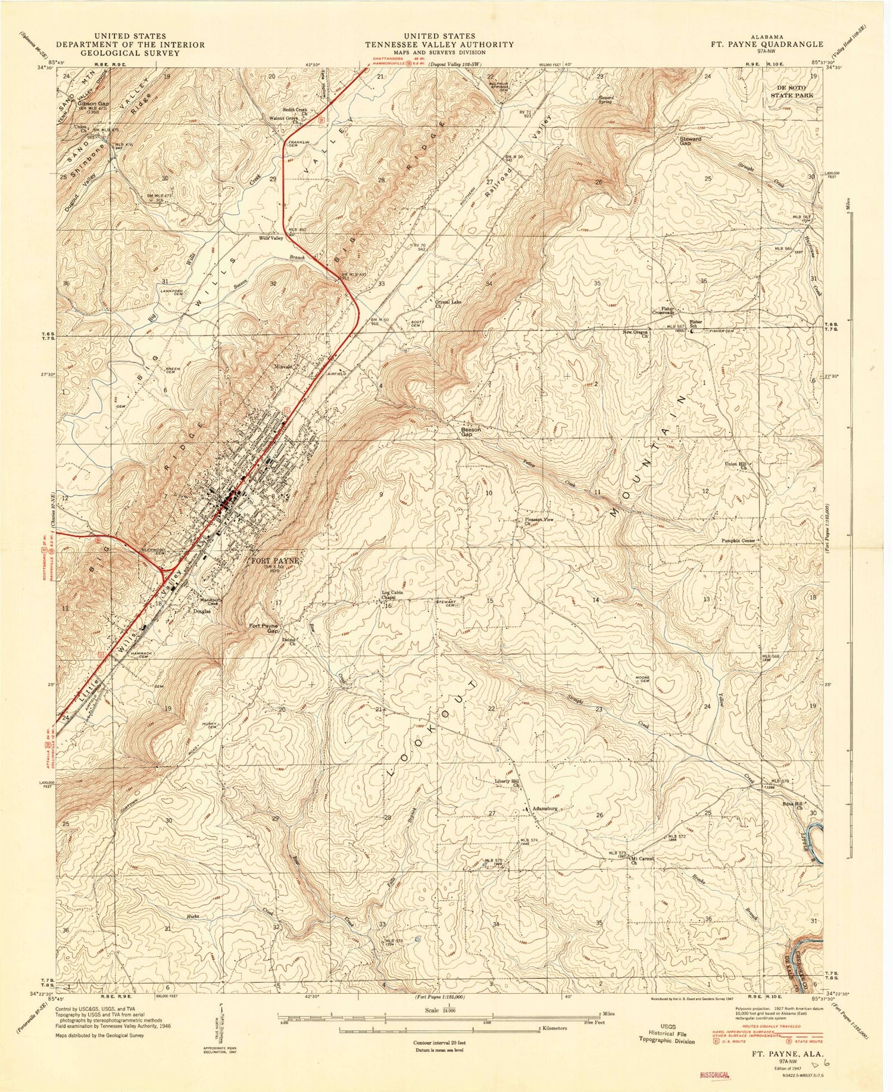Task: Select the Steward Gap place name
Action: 691,141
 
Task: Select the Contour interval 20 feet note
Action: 440,1043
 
